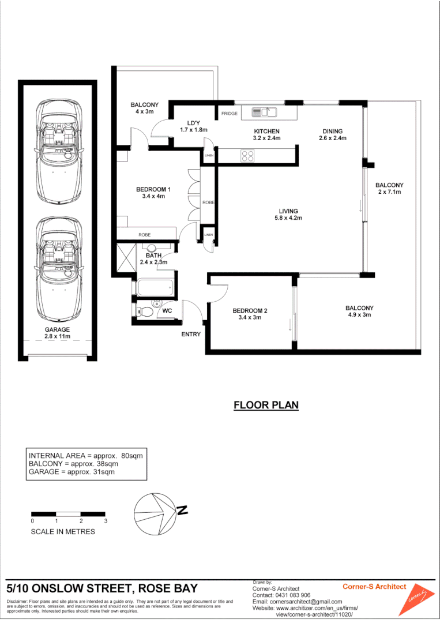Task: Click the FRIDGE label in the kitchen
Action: [x=230, y=114]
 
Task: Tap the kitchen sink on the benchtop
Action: [x=265, y=112]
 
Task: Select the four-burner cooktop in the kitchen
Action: [x=248, y=155]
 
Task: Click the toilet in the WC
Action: [x=148, y=312]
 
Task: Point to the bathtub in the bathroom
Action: [x=155, y=287]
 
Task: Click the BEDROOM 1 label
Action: [x=153, y=193]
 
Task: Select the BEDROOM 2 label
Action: [x=250, y=314]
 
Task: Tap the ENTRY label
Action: [x=191, y=335]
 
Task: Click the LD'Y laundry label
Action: [x=193, y=126]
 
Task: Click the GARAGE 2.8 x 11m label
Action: [x=57, y=333]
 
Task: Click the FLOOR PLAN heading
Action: [x=266, y=405]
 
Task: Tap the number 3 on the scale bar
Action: [x=106, y=521]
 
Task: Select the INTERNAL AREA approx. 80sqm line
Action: [x=85, y=455]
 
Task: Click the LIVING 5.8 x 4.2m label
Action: [x=288, y=215]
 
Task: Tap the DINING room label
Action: [x=332, y=134]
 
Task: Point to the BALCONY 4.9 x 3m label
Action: [x=360, y=311]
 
